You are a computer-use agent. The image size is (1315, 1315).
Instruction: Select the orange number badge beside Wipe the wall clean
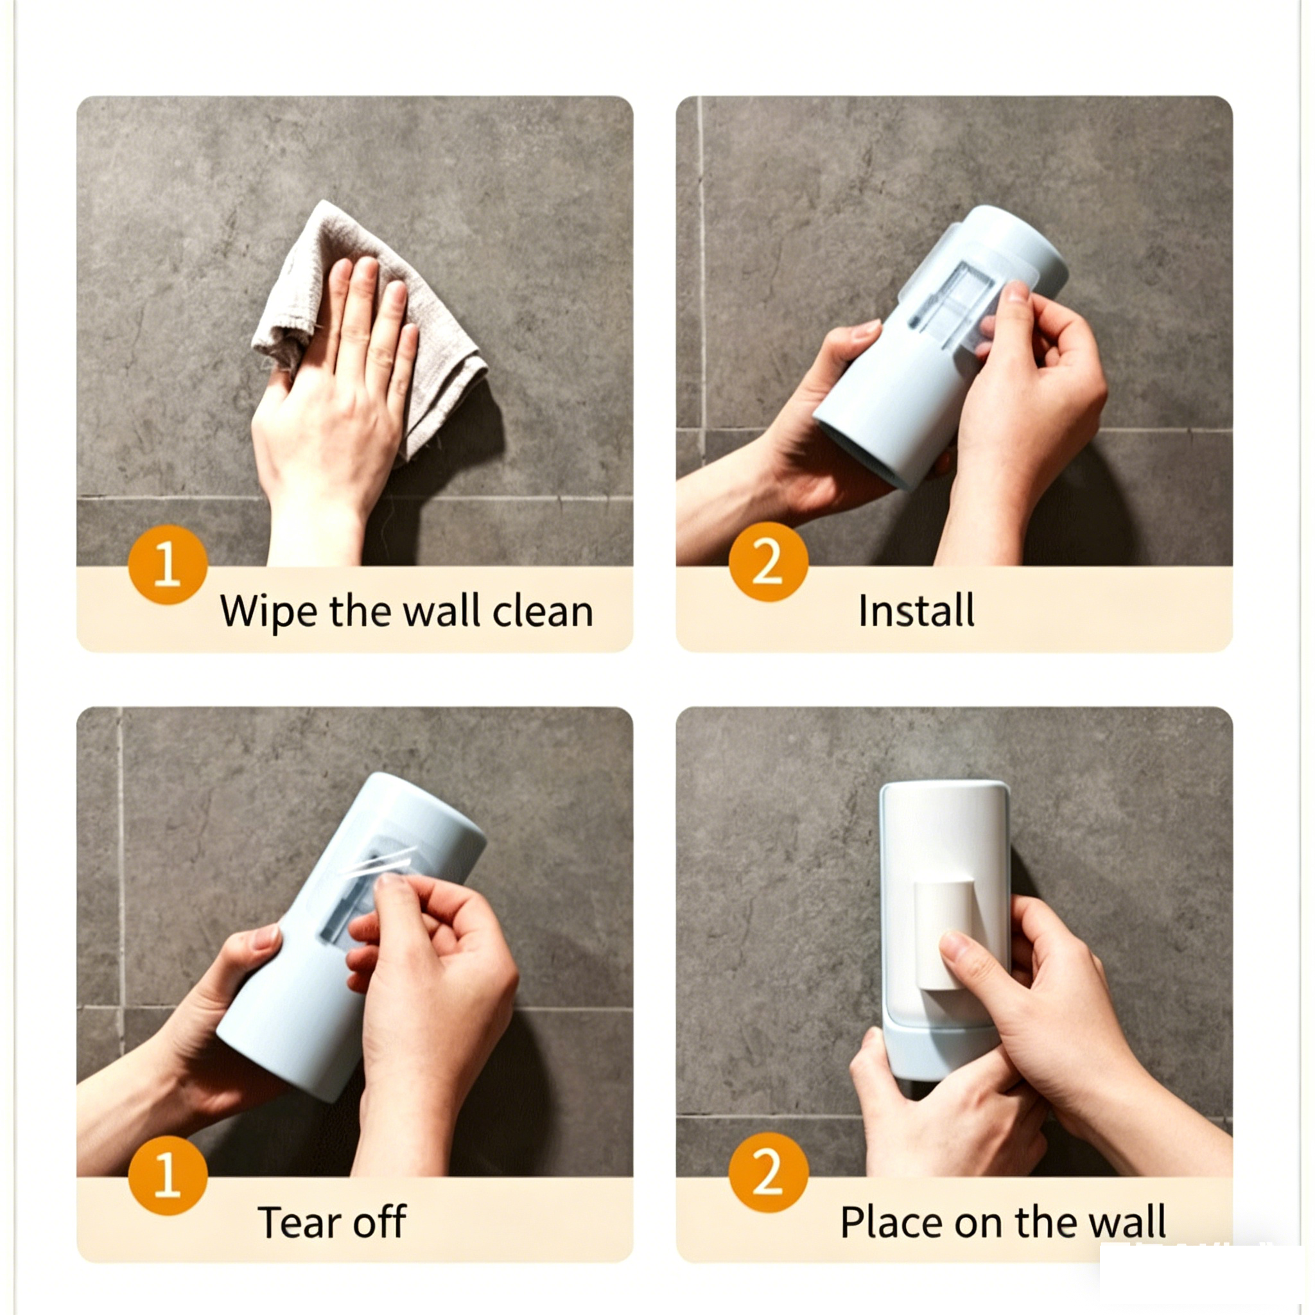pos(168,564)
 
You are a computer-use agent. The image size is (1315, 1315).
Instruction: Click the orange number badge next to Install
pos(768,562)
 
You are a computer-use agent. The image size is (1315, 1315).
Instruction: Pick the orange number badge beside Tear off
pos(168,1176)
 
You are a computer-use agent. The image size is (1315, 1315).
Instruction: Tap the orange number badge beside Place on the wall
pos(768,1172)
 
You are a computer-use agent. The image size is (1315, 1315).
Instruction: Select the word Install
pos(916,610)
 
